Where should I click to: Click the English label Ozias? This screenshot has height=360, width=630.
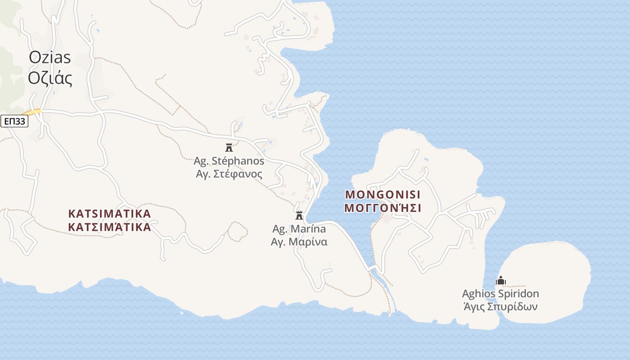coord(50,58)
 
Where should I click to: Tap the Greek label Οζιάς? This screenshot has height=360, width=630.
coord(50,78)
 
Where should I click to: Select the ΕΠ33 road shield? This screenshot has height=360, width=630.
coord(15,121)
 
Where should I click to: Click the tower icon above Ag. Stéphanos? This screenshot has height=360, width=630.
coord(229,147)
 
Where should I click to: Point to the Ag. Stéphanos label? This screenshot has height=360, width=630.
coord(229,161)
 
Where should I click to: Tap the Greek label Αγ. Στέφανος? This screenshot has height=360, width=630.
coord(229,174)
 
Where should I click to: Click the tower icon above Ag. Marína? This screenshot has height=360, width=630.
coord(299,215)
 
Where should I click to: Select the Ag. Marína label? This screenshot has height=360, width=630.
coord(299,229)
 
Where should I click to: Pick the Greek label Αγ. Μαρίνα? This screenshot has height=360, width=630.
coord(299,242)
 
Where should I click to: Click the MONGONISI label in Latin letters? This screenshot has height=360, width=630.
coord(382,195)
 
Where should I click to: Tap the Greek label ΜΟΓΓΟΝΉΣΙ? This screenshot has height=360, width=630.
coord(382,208)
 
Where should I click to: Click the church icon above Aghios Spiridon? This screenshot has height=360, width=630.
coord(500,280)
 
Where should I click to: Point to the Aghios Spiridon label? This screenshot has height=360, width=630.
coord(500,294)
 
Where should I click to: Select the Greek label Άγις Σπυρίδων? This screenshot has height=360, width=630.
coord(500,307)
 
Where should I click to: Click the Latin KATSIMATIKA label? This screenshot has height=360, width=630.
coord(109,213)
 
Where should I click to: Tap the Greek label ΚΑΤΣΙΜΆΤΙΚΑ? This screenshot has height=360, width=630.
coord(109,227)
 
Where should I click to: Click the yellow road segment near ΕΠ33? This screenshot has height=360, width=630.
coord(32,112)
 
